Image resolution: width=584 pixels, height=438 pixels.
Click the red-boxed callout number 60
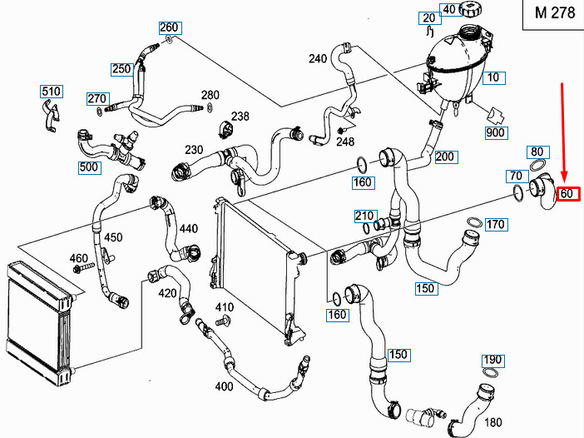[x=568, y=194]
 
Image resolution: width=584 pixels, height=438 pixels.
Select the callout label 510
[x=52, y=91]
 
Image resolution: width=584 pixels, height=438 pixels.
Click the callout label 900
[x=496, y=132]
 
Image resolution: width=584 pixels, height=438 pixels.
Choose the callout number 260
[x=169, y=27]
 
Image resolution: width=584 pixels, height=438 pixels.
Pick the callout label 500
[x=89, y=167]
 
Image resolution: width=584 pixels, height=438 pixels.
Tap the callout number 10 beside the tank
[x=494, y=77]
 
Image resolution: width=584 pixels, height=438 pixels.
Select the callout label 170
[x=496, y=224]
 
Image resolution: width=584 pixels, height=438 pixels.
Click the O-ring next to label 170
[x=472, y=221]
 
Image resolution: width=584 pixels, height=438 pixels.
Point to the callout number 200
[x=445, y=157]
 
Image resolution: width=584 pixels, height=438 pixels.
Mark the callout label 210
[x=364, y=217]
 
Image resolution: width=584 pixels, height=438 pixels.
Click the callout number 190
[x=493, y=361]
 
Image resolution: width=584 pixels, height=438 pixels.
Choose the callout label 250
[x=121, y=69]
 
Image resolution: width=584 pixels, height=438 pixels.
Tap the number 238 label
[x=240, y=116]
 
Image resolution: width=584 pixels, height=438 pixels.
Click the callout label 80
[x=537, y=152]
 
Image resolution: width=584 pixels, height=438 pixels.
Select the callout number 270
[x=97, y=99]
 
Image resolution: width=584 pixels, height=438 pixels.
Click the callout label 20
[x=429, y=17]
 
